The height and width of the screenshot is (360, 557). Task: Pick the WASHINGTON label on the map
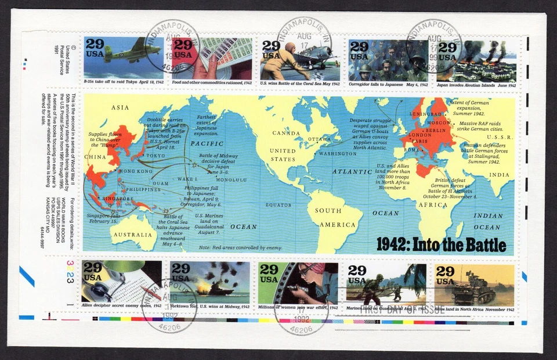coord(338,154)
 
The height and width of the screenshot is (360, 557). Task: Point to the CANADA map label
coord(287,133)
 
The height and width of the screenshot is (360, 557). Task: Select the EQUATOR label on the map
coord(278,205)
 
